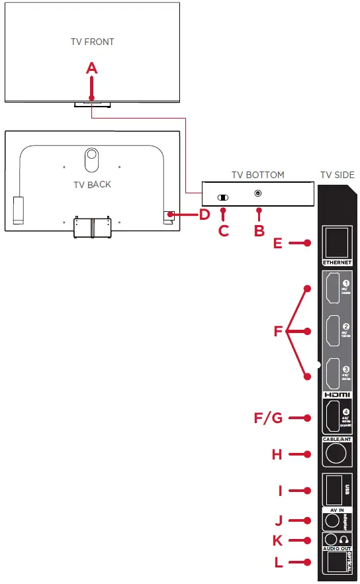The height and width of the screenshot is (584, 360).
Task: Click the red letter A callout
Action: (92, 68)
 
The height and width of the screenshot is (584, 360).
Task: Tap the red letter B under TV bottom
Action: (259, 230)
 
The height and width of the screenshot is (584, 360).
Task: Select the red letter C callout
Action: (223, 230)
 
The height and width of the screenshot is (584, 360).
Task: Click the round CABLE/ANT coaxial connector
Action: (336, 454)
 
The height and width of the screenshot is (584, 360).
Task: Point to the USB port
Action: (332, 491)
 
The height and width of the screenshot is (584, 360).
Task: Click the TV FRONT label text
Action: (93, 42)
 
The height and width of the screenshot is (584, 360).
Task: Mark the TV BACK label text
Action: (92, 184)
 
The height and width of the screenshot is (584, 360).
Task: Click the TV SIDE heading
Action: (337, 175)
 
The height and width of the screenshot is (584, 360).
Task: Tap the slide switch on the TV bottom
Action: (223, 197)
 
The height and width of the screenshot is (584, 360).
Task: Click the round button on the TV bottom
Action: (258, 193)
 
